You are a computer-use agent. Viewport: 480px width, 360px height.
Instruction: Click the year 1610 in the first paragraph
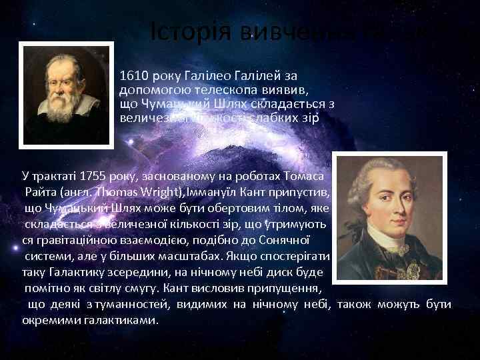pyautogui.click(x=132, y=75)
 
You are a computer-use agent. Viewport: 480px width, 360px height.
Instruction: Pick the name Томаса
pyautogui.click(x=303, y=178)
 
